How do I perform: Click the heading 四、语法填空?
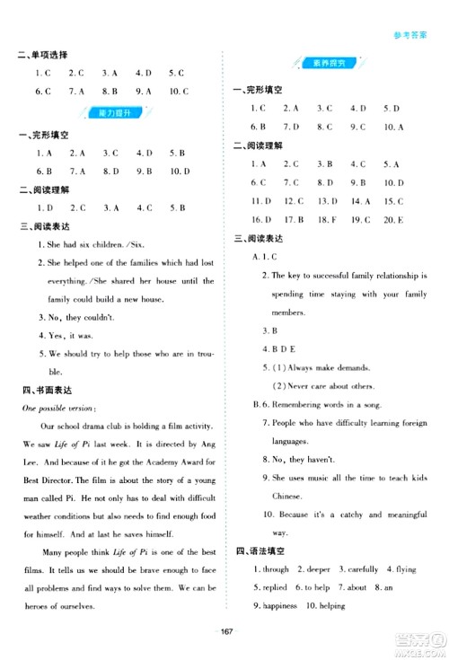[x=261, y=550]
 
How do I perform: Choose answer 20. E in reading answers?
[x=392, y=219]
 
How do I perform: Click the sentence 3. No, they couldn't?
[x=72, y=316]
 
